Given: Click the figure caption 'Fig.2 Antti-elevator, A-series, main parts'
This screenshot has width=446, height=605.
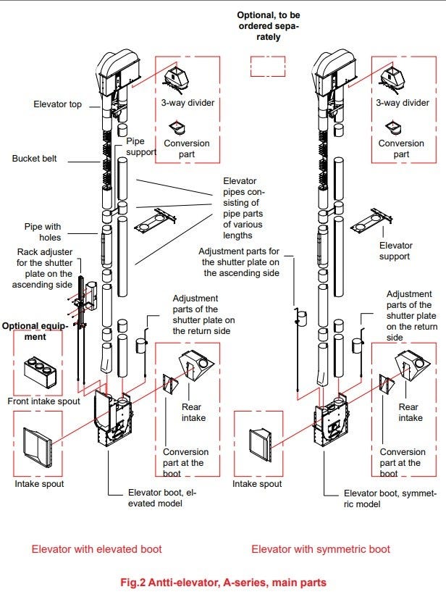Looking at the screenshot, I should (222, 583).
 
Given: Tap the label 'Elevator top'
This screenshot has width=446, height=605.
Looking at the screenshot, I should (58, 104).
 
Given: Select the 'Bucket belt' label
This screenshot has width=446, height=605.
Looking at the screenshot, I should (34, 158).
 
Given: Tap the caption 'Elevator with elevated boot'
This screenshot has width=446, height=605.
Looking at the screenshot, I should (96, 549).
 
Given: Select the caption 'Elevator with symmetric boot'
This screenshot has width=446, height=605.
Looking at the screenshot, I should (321, 549).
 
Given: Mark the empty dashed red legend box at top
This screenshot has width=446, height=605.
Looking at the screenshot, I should (267, 67).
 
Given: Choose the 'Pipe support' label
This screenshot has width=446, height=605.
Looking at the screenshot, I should (140, 147).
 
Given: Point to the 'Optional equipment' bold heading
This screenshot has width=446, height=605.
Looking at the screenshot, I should (34, 331).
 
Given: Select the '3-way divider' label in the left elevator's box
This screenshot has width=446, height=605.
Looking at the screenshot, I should (188, 103).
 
